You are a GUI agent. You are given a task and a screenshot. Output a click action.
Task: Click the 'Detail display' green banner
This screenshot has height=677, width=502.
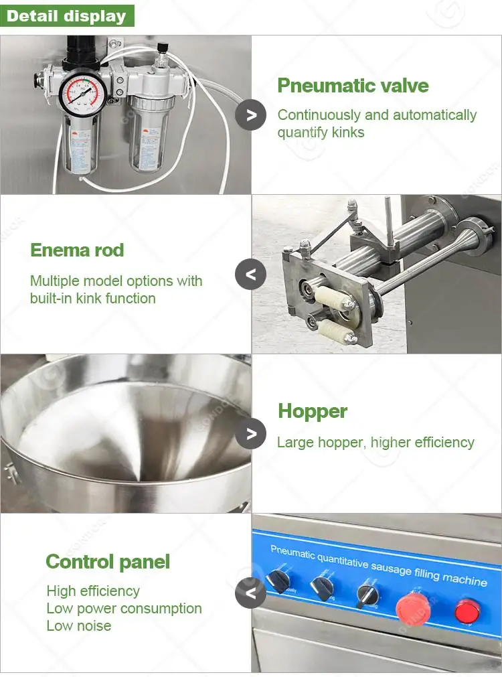click(x=67, y=15)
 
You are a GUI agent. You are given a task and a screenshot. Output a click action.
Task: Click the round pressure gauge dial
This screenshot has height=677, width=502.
click(x=80, y=95)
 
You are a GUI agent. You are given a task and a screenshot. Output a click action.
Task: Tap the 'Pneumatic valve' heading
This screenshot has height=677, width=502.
click(x=353, y=86)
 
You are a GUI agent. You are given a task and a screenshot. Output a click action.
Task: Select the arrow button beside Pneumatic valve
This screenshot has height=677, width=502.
click(x=251, y=115)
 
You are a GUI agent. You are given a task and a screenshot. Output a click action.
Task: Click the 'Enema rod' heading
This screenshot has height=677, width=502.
click(x=77, y=250)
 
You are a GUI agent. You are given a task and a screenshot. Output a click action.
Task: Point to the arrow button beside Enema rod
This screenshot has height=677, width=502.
click(x=251, y=274)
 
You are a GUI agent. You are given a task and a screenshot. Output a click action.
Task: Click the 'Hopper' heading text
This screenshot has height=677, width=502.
click(x=313, y=410)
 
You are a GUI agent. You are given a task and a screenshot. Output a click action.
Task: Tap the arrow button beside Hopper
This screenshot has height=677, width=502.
click(x=251, y=434)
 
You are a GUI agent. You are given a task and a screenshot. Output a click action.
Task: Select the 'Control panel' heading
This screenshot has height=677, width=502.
click(x=108, y=562)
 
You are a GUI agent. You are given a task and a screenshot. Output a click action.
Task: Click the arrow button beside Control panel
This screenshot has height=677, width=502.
click(x=251, y=593)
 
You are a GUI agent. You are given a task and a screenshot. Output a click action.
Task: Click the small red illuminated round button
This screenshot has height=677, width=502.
click(x=466, y=611)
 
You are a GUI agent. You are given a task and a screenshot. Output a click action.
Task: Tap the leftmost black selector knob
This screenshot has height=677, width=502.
click(x=278, y=582)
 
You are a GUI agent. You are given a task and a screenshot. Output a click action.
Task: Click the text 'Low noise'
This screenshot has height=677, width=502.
click(x=79, y=626)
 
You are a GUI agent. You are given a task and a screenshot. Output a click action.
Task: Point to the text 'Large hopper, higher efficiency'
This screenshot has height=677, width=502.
click(x=375, y=442)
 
